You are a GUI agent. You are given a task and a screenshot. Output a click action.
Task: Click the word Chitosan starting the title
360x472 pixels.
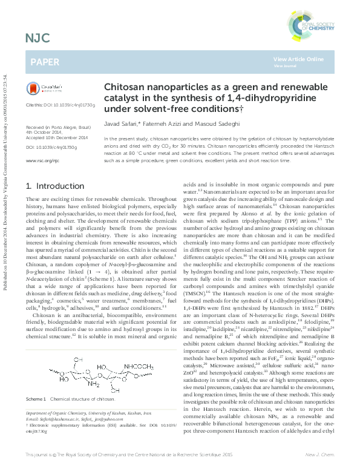123,87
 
